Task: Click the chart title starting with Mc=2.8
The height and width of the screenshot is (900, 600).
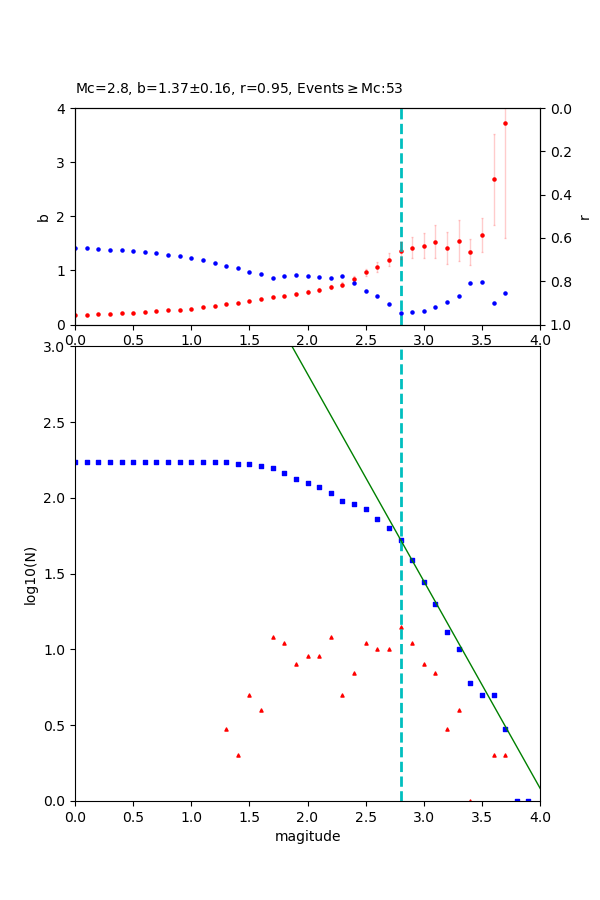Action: pos(239,88)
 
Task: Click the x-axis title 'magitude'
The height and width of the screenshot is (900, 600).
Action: pos(307,836)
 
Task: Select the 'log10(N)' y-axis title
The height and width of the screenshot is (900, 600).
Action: pos(30,574)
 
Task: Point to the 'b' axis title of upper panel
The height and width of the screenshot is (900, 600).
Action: pos(43,216)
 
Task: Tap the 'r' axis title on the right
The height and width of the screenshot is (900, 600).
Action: pos(585,216)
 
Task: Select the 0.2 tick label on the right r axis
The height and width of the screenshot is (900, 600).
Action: pos(560,152)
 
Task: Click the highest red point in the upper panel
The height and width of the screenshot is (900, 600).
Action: pos(505,123)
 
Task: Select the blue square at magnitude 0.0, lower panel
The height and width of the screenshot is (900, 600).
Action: pos(75,462)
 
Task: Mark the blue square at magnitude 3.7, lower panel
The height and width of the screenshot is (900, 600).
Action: pos(505,729)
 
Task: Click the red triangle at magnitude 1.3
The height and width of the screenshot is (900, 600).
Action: pos(226,729)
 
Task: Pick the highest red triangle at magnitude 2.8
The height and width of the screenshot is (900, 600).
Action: pos(401,628)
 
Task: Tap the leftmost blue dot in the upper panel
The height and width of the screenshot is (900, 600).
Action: pos(75,248)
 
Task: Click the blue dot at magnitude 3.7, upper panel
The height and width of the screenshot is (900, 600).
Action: pos(505,293)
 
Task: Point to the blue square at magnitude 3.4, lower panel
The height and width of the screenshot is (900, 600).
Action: pos(470,683)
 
